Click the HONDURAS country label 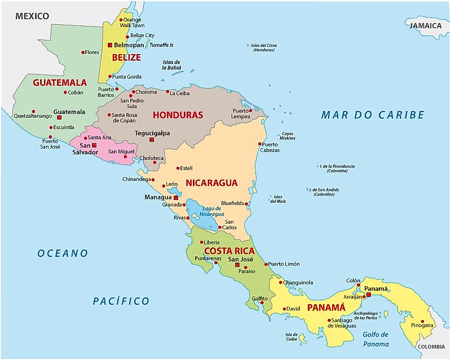pos(178,115)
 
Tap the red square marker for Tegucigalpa pos(151,139)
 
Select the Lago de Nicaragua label pos(209,212)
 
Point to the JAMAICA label pos(425,25)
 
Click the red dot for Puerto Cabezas pos(260,144)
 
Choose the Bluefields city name pos(232,203)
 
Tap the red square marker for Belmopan pos(110,45)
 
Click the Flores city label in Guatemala pos(91,52)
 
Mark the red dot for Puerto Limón pos(266,264)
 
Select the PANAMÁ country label pos(325,308)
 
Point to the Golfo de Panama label pos(376,339)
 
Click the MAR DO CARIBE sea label pos(372,115)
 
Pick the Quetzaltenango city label pos(33,116)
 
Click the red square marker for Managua pos(176,198)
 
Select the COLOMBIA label pos(432,347)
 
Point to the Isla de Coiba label pos(291,336)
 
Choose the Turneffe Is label pos(161,45)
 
